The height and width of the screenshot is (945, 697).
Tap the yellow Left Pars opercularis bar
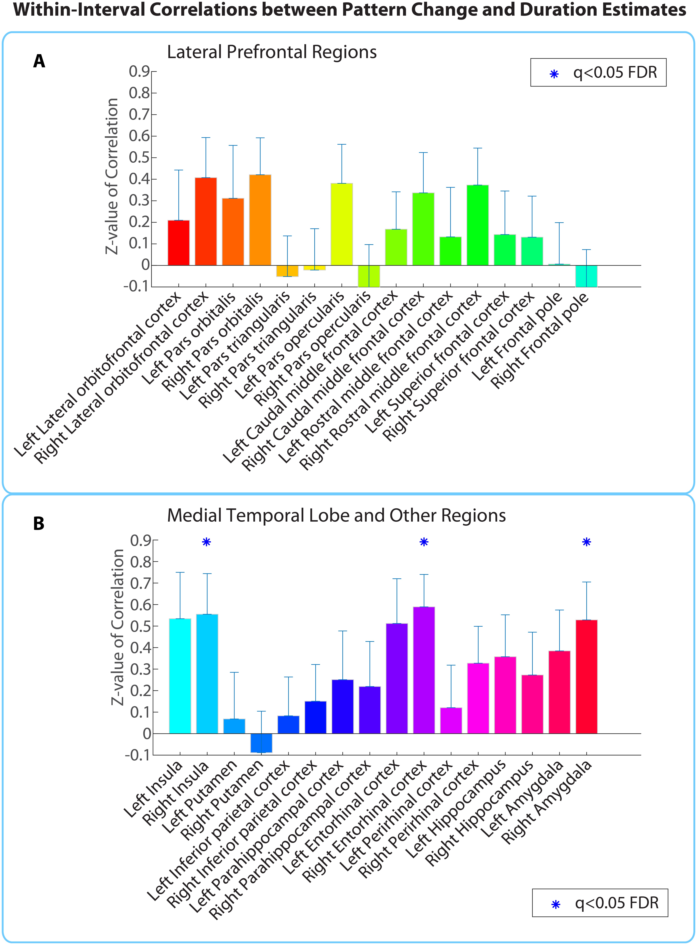click(x=342, y=224)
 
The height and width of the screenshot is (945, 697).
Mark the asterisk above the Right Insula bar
click(x=206, y=542)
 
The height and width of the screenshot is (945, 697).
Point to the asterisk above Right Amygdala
click(x=586, y=542)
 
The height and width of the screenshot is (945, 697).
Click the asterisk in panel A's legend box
click(x=554, y=74)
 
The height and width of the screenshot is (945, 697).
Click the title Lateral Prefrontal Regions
click(x=272, y=52)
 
